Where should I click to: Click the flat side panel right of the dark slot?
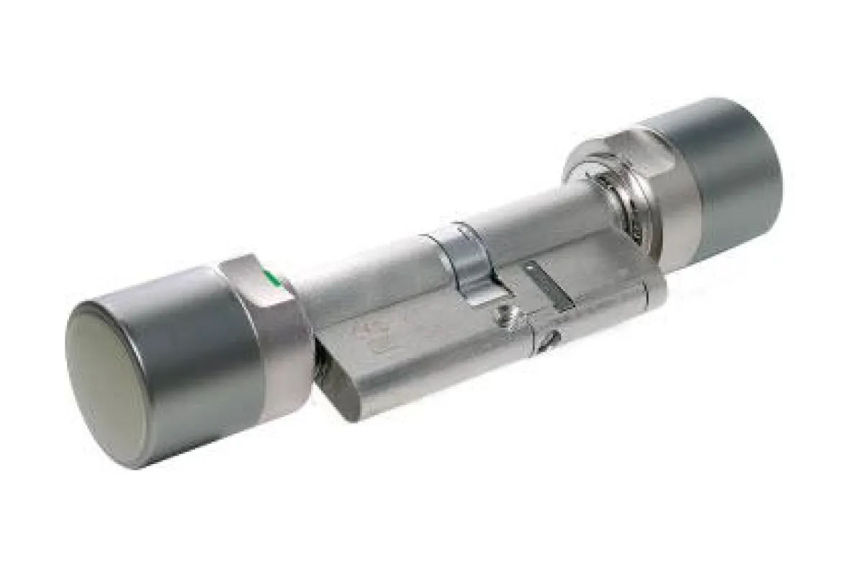(605, 303)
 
